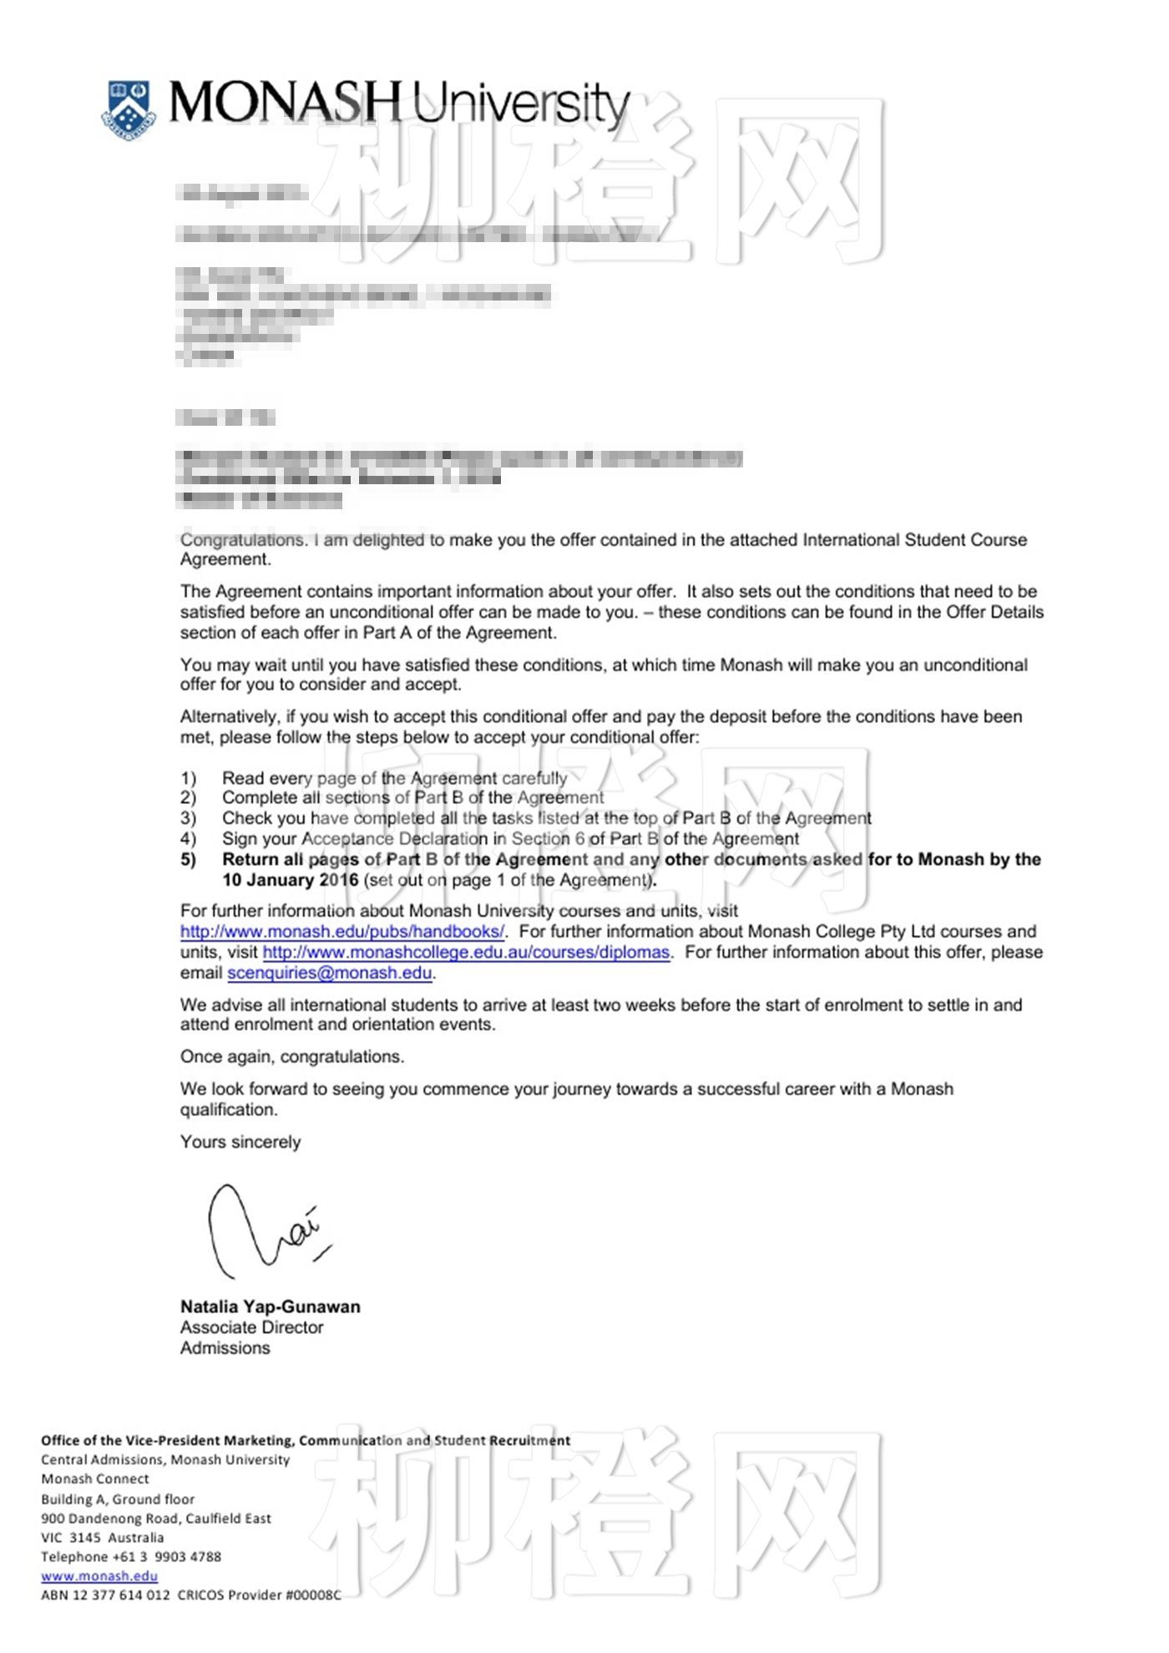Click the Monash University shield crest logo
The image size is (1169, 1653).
129,109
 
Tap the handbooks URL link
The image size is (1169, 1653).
342,932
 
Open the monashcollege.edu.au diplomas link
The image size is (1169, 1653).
466,953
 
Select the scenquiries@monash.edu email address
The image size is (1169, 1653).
330,973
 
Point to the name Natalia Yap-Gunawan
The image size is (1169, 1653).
271,1307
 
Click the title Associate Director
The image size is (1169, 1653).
251,1328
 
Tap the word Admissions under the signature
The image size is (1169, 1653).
225,1348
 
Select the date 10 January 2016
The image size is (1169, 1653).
290,880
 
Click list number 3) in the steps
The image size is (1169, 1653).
189,818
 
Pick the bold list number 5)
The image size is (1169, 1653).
189,860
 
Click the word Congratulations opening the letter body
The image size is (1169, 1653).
243,540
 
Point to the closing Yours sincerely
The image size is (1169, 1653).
240,1142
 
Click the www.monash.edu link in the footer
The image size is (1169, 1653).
99,1576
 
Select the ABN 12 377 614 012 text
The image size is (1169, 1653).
105,1595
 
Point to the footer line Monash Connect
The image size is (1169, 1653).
95,1479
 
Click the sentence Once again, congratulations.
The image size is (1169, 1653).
292,1057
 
